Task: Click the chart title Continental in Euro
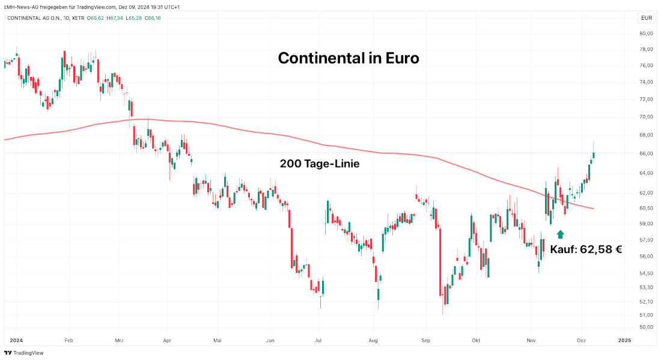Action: point(349,58)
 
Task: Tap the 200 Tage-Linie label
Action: point(319,163)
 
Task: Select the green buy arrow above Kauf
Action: point(560,234)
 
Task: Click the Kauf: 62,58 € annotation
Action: point(585,249)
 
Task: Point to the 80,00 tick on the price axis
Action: point(646,34)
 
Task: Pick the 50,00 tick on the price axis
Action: point(646,328)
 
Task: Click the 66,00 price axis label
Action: point(646,154)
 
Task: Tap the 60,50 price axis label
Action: point(646,209)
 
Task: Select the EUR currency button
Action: point(646,18)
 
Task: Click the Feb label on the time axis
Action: point(68,340)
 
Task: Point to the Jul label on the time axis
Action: point(318,340)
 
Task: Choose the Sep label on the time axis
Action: point(425,340)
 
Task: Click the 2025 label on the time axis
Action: point(624,340)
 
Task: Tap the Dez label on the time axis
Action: point(582,340)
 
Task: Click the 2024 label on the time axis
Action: point(16,340)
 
